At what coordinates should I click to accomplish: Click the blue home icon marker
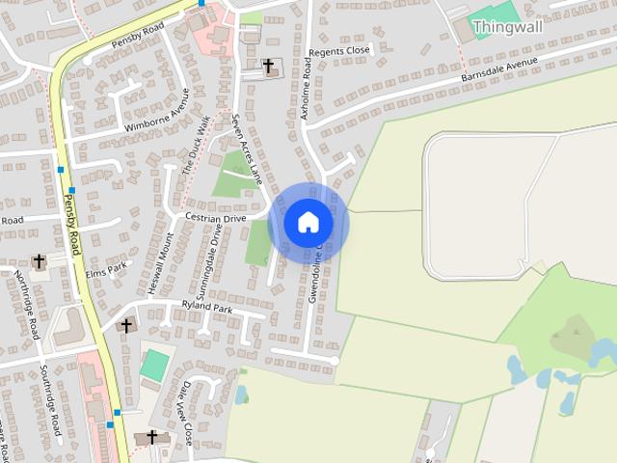(x=308, y=223)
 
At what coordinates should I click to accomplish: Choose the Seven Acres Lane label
(x=247, y=148)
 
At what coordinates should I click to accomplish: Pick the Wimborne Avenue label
(x=156, y=112)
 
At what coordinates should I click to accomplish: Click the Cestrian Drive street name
(x=216, y=219)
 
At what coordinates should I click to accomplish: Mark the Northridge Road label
(x=28, y=303)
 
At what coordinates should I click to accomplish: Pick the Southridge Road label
(x=50, y=399)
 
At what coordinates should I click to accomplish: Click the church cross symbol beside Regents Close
(x=268, y=66)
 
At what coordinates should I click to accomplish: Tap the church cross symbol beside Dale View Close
(x=151, y=437)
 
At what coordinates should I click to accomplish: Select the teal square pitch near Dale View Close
(x=154, y=365)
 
